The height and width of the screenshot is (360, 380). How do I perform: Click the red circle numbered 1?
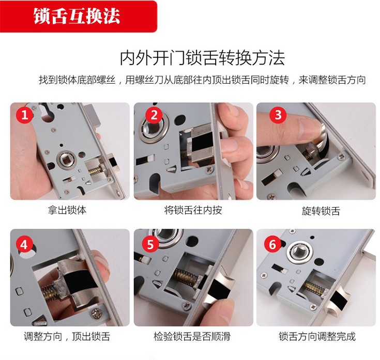(25, 115)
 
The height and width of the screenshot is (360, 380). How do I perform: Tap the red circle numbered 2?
(154, 115)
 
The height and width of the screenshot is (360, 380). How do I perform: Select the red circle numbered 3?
(278, 115)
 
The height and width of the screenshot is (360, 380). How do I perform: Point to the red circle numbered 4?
(24, 244)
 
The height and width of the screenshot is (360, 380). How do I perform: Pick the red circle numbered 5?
(150, 243)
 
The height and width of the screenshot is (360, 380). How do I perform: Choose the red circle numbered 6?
(272, 244)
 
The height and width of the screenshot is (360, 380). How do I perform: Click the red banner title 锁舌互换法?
(77, 16)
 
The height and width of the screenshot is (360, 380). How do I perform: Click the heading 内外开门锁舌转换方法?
(202, 58)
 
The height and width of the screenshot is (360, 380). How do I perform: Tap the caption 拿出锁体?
(67, 210)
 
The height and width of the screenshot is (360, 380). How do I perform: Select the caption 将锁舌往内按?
(193, 210)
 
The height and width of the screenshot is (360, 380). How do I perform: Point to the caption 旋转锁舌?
(321, 211)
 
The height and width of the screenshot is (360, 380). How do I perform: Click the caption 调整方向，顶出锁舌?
(67, 337)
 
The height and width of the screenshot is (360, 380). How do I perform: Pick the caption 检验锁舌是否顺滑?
(192, 337)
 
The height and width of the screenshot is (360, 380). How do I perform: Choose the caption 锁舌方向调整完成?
(317, 337)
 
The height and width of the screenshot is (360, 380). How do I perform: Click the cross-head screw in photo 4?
(97, 314)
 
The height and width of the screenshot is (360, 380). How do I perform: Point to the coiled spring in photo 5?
(186, 277)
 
